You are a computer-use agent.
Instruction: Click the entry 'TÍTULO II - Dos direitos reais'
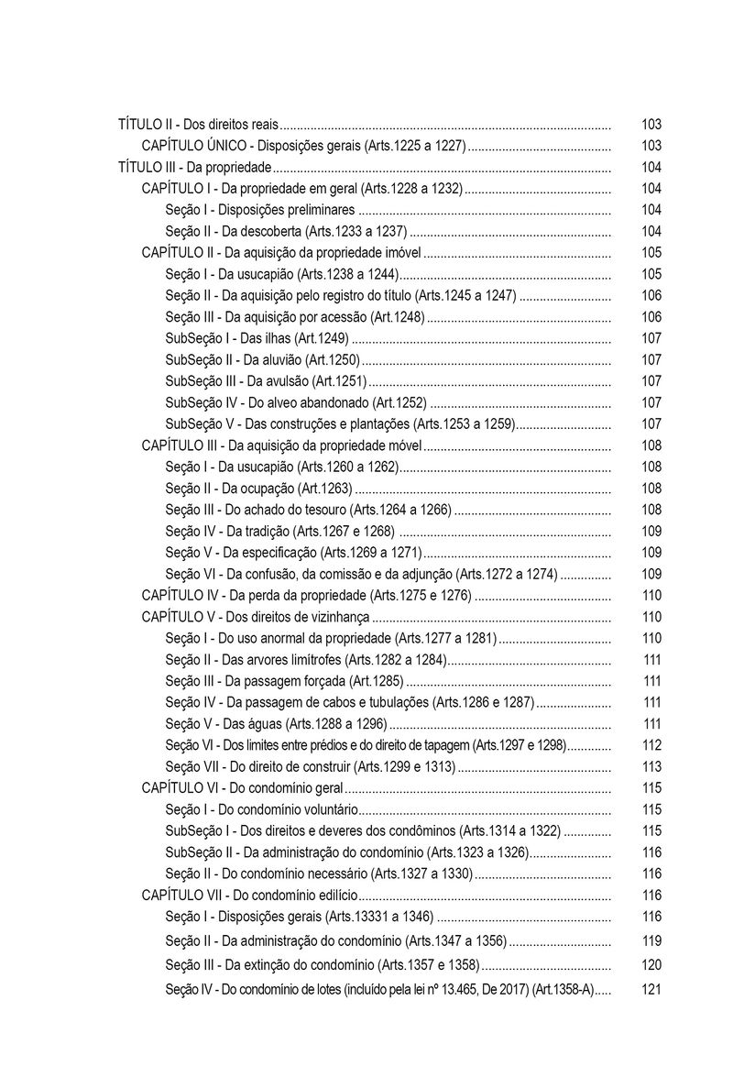[x=198, y=124]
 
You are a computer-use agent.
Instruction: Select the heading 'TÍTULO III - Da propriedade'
[x=195, y=167]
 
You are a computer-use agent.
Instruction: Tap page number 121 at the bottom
[x=651, y=989]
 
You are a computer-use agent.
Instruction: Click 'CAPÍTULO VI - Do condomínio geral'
[x=242, y=787]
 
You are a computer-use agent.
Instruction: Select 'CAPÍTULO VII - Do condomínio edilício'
[x=249, y=895]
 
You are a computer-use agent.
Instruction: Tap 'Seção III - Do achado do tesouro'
[x=309, y=510]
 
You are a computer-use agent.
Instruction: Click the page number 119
[x=651, y=940]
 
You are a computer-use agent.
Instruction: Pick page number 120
[x=651, y=965]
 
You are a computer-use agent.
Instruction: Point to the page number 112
[x=651, y=745]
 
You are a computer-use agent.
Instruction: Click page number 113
[x=651, y=766]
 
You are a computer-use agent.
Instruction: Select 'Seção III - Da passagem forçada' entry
[x=284, y=681]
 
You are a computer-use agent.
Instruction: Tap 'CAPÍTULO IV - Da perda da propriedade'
[x=306, y=595]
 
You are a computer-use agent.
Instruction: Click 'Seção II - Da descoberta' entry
[x=286, y=231]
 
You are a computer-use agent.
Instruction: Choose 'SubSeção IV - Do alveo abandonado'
[x=296, y=402]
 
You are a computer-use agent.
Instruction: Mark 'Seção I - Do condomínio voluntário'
[x=261, y=809]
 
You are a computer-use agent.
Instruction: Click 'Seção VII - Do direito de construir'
[x=311, y=766]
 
